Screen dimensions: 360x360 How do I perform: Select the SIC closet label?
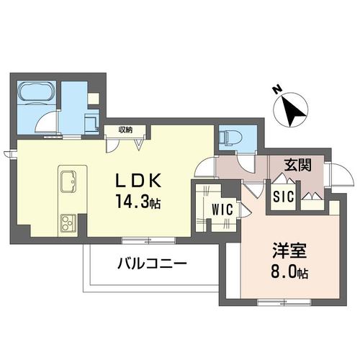(282, 197)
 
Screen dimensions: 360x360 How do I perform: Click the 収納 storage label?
(125, 130)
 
